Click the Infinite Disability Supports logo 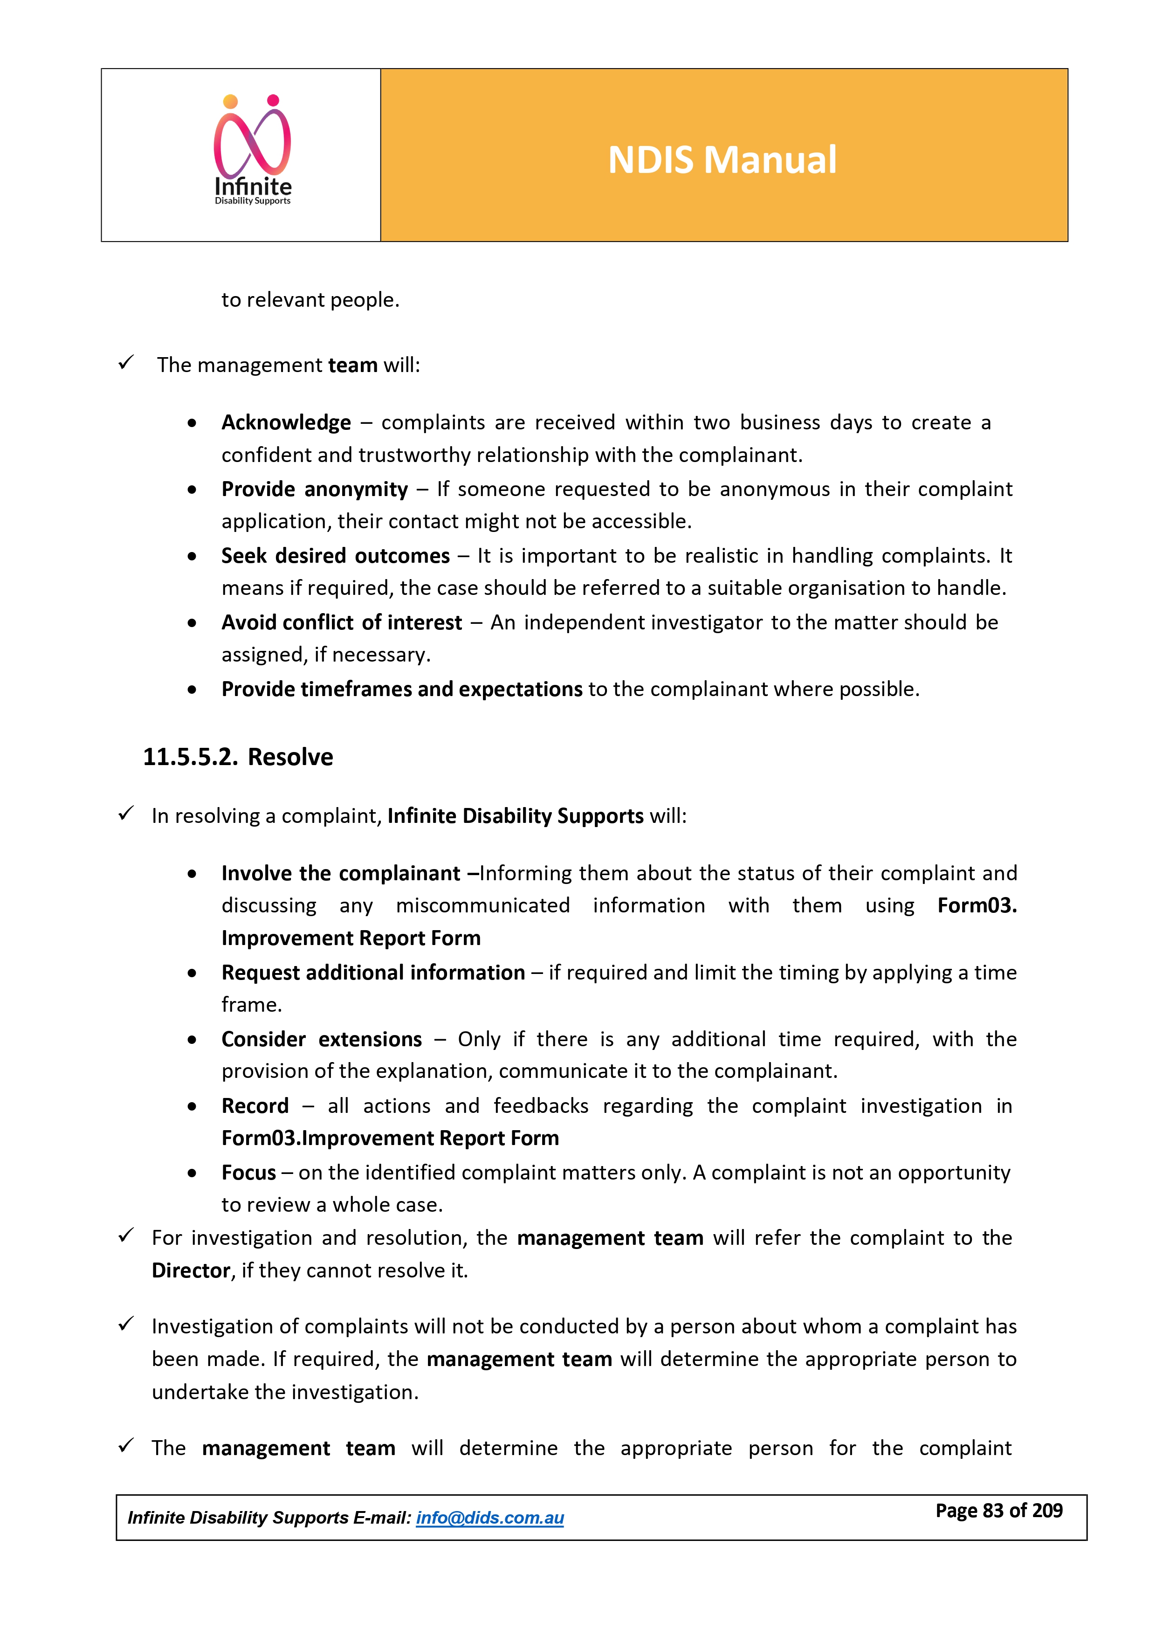coord(253,151)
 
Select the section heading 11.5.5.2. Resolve coord(238,757)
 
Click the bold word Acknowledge coord(286,422)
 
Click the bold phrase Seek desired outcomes coord(336,556)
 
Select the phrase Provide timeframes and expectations coord(402,689)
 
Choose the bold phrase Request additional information coord(372,973)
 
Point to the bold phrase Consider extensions coord(321,1040)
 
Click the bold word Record coord(255,1106)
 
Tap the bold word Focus coord(248,1173)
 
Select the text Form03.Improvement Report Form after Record coord(390,1139)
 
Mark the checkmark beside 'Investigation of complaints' coord(126,1325)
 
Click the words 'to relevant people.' coord(310,300)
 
